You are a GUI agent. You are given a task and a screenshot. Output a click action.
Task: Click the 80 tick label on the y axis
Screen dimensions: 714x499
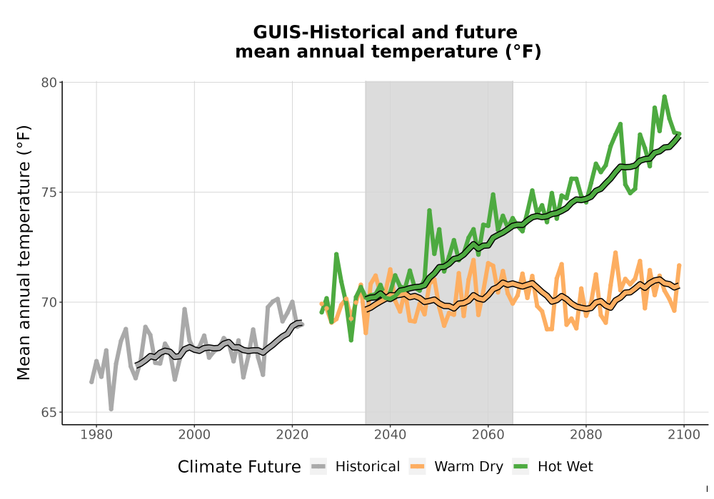point(49,83)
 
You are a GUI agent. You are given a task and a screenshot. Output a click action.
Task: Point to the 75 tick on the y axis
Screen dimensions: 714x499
point(49,192)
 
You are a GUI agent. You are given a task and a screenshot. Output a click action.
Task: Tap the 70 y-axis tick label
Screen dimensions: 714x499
point(49,302)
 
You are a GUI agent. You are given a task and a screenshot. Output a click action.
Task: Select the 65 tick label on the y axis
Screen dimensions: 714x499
point(49,412)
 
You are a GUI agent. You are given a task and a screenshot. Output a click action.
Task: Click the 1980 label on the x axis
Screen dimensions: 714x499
point(96,435)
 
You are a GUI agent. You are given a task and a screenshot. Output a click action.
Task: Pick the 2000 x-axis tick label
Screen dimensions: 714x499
point(194,435)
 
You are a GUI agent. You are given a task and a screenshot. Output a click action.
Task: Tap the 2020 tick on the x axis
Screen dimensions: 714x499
point(292,435)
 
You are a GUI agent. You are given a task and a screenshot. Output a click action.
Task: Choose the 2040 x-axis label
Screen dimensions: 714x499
point(391,435)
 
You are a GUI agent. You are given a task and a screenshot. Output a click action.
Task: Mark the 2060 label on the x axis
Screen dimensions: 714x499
point(488,435)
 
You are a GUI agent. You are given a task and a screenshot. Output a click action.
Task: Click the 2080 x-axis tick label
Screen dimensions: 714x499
point(586,435)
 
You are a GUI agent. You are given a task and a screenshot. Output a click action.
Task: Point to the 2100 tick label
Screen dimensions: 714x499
point(684,435)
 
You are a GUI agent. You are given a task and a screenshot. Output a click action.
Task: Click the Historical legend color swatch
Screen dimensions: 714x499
point(318,467)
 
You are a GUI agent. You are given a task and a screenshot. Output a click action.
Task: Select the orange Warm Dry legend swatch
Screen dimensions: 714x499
point(417,467)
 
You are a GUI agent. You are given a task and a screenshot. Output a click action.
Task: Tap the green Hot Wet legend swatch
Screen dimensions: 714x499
point(521,467)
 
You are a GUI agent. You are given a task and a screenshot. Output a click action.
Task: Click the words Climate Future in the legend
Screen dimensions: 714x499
point(239,467)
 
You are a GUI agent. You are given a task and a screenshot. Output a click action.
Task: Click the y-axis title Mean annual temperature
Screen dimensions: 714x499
point(24,252)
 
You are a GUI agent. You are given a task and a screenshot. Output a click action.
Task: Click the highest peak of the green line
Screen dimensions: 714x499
point(664,96)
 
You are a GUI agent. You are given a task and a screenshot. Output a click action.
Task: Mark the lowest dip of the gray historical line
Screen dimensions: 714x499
point(111,409)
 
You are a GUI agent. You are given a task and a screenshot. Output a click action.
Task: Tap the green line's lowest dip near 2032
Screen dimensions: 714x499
point(351,340)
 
